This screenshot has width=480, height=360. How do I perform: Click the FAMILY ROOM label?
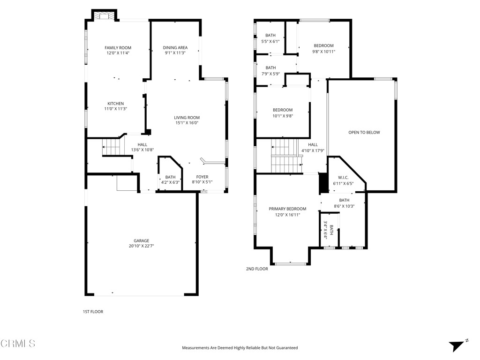pyautogui.click(x=118, y=48)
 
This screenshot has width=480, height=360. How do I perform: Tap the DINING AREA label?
pyautogui.click(x=175, y=48)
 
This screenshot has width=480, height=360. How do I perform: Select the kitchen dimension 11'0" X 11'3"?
pyautogui.click(x=116, y=109)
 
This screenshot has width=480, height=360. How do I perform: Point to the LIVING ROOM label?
pyautogui.click(x=187, y=118)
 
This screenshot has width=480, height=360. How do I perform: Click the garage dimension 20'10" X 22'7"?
pyautogui.click(x=141, y=246)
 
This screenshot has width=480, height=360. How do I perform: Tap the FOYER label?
pyautogui.click(x=202, y=177)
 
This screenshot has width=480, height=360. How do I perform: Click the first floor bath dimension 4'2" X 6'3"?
pyautogui.click(x=170, y=182)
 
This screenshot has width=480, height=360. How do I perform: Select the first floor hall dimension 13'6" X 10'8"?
pyautogui.click(x=142, y=150)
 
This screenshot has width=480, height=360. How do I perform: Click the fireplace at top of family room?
pyautogui.click(x=104, y=16)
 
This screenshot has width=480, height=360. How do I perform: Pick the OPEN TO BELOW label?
pyautogui.click(x=364, y=133)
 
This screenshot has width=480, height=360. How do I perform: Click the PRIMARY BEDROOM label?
pyautogui.click(x=287, y=209)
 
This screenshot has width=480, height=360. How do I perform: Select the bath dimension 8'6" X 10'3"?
pyautogui.click(x=345, y=206)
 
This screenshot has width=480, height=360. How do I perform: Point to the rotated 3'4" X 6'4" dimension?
pyautogui.click(x=325, y=230)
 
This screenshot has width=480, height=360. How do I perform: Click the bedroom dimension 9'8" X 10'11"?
pyautogui.click(x=323, y=52)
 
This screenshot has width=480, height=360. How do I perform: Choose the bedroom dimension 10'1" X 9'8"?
pyautogui.click(x=283, y=116)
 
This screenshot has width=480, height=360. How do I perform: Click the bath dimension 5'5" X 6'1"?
pyautogui.click(x=270, y=41)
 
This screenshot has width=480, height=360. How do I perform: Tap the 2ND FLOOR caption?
pyautogui.click(x=257, y=269)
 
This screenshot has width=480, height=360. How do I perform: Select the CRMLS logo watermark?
pyautogui.click(x=18, y=344)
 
